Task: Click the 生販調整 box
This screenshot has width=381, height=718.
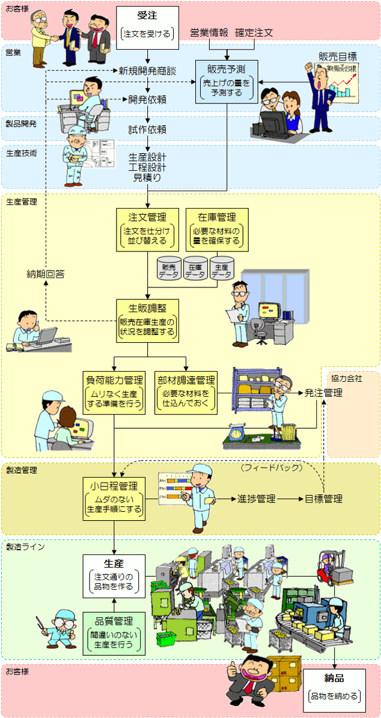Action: click(x=147, y=321)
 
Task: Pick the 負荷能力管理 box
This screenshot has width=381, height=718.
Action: click(x=114, y=392)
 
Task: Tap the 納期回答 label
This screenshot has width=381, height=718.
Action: click(x=46, y=274)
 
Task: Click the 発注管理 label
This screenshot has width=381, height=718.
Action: click(x=323, y=393)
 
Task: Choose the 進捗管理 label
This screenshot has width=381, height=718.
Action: click(x=257, y=499)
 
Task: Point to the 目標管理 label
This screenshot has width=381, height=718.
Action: click(x=323, y=499)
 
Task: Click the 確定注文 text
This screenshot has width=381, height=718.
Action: click(x=254, y=32)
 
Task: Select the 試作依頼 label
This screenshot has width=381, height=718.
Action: click(x=147, y=129)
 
